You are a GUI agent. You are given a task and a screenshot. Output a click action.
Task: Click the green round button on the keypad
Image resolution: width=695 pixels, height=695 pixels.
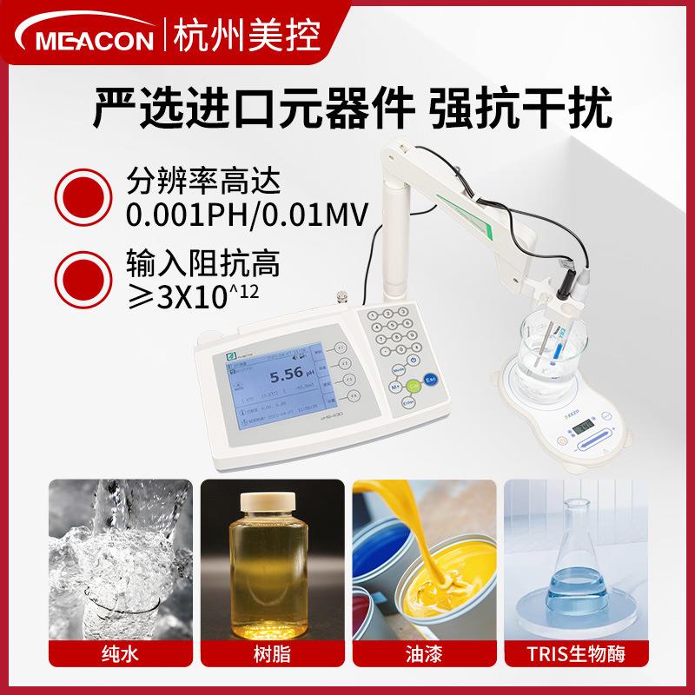pos(414,385)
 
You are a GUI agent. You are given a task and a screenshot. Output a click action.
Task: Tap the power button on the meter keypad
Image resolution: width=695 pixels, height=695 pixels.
pos(414,361)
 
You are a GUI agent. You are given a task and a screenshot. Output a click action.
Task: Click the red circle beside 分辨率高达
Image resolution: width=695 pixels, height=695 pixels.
pos(84,195)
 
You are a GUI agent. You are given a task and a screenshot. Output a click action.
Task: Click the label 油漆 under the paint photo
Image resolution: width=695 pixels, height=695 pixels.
pos(423,652)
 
